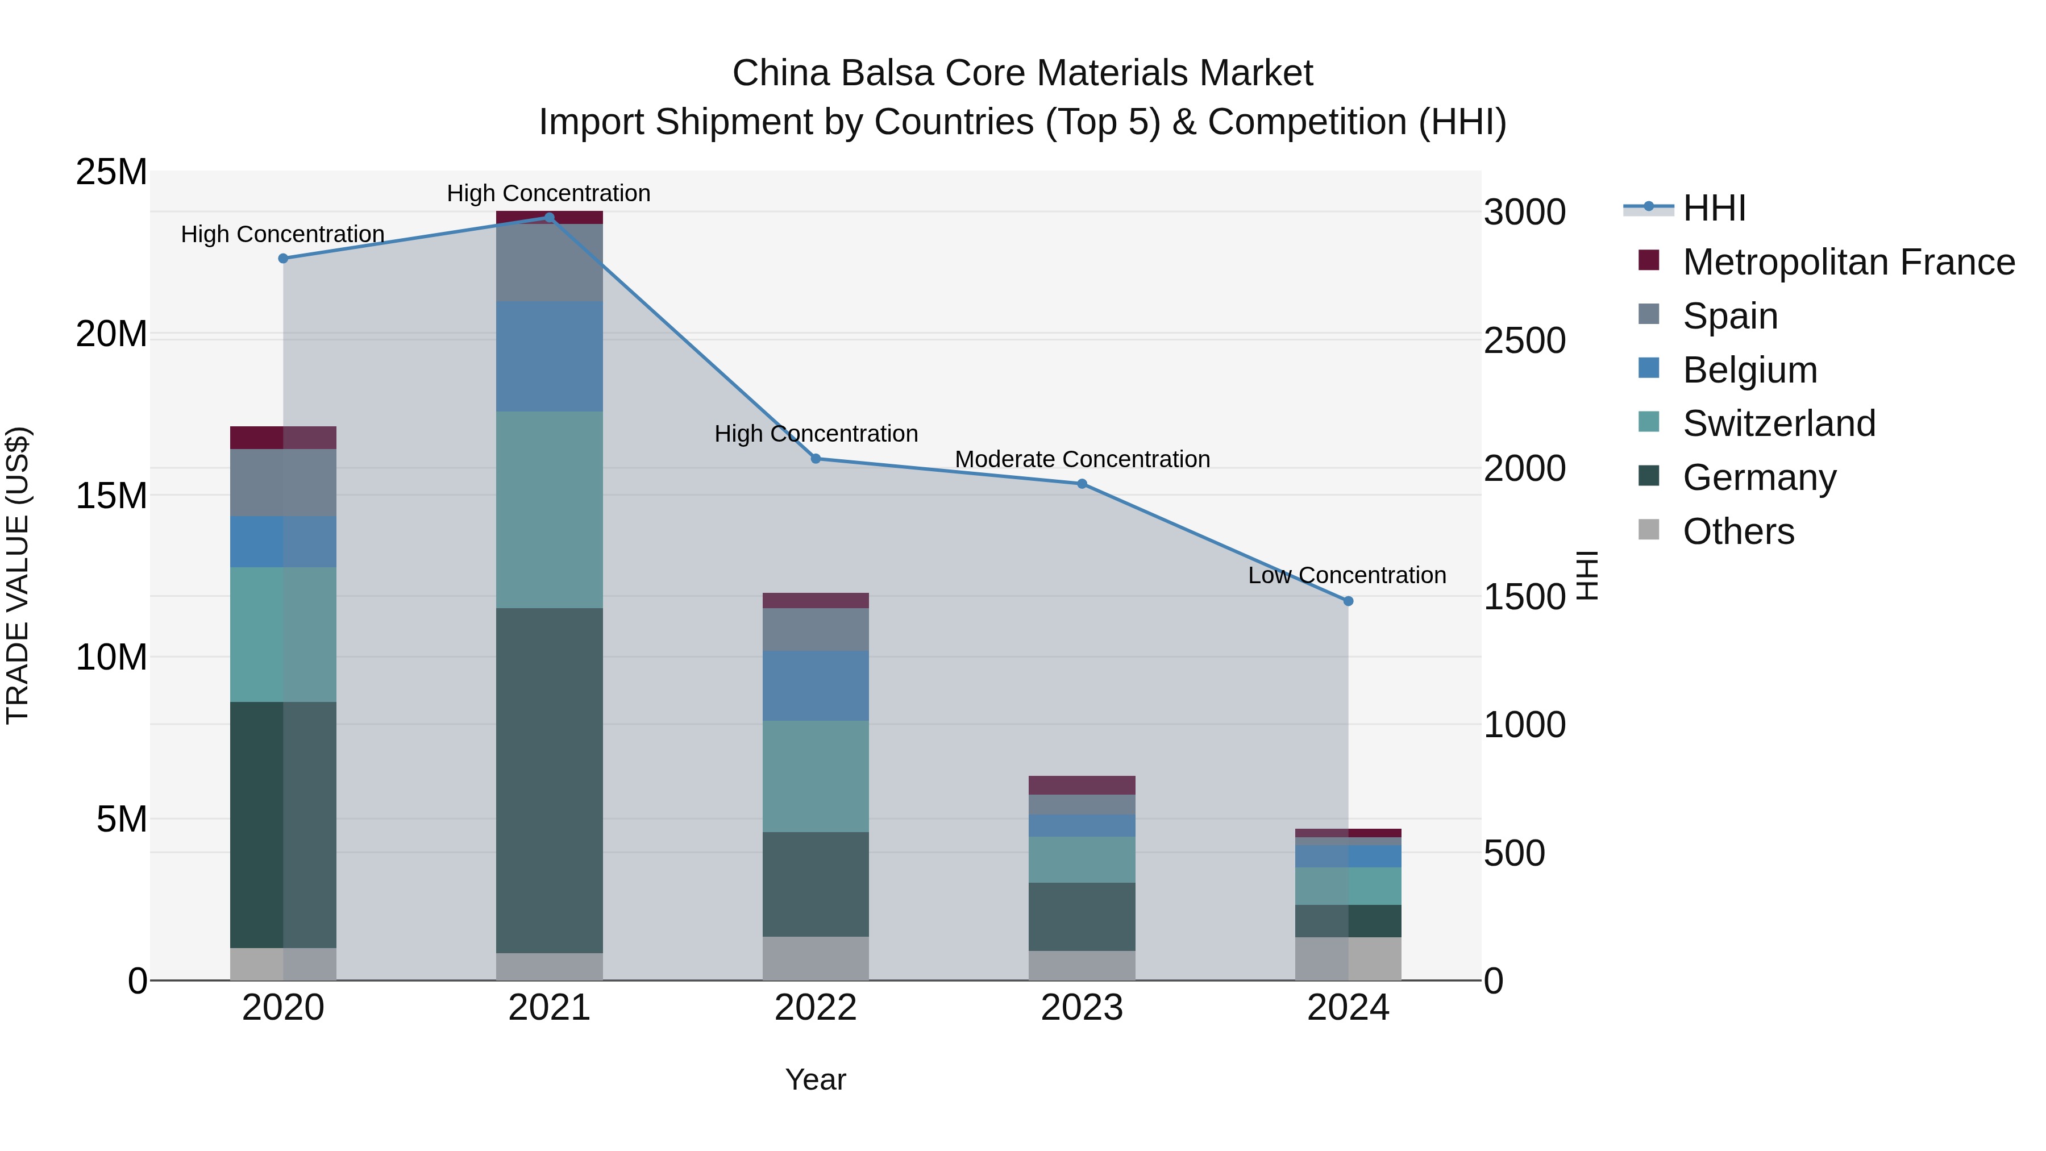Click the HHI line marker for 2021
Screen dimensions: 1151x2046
549,217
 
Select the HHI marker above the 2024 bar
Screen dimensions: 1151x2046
1348,601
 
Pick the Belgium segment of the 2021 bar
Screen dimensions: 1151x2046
549,356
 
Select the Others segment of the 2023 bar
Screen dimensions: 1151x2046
1082,965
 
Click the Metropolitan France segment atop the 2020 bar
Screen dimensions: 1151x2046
283,438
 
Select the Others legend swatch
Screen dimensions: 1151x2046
1649,530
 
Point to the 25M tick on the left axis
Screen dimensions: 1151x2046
111,172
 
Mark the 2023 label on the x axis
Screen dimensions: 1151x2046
1082,1008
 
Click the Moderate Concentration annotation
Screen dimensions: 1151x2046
1082,459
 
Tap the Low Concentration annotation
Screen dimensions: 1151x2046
1347,575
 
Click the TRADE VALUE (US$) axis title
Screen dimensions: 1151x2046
18,575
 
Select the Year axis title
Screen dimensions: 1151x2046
816,1079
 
